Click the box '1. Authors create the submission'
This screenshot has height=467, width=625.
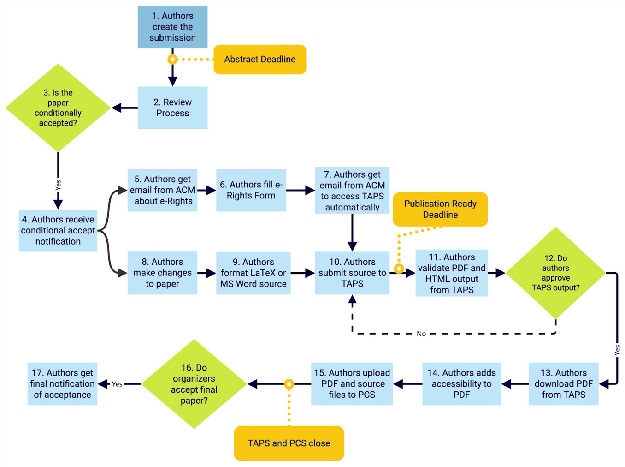(172, 27)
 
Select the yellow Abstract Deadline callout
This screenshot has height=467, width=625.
(259, 59)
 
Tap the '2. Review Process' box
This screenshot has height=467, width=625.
(172, 108)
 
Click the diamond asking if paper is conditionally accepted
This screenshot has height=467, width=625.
(58, 108)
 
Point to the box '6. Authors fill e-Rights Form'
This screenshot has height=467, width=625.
(251, 190)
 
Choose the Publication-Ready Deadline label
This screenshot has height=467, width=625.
(440, 209)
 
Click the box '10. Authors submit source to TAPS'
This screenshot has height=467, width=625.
(352, 273)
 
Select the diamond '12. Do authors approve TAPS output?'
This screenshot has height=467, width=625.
(555, 273)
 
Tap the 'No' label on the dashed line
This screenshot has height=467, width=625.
(421, 334)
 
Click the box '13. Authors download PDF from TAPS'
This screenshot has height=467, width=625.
(563, 383)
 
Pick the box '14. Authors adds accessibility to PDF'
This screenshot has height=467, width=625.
(461, 383)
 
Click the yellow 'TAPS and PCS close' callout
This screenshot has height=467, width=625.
(289, 443)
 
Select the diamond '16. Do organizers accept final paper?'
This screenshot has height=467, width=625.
(194, 384)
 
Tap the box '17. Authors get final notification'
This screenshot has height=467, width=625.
(62, 383)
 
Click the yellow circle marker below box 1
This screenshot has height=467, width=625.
(172, 60)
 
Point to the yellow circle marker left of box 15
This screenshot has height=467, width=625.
(289, 384)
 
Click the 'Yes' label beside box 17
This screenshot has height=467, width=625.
(117, 384)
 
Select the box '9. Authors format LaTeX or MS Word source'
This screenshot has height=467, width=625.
(253, 273)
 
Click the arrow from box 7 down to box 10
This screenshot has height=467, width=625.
(352, 233)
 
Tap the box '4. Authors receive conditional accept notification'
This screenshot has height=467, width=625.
(58, 230)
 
